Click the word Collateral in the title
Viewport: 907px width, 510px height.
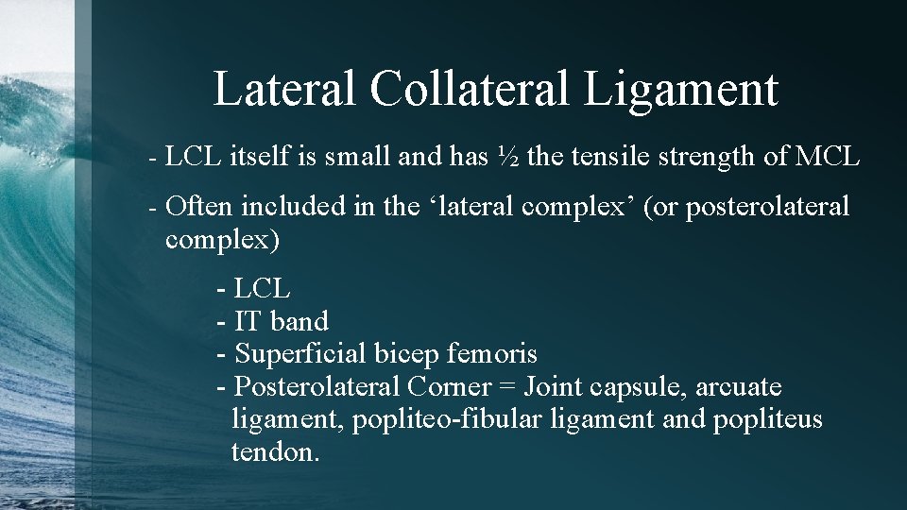click(469, 89)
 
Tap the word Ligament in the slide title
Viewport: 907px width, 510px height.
click(680, 89)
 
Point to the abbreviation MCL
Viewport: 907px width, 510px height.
click(828, 157)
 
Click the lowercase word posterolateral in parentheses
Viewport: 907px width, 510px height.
click(767, 206)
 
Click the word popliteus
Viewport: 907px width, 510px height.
click(768, 419)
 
